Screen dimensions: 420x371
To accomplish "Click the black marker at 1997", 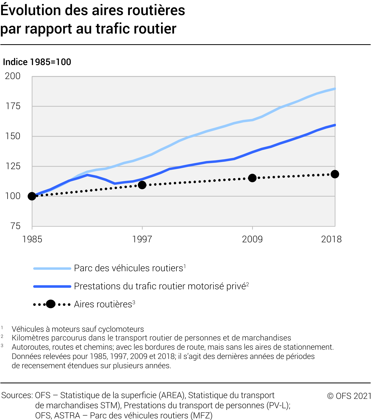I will pos(142,185).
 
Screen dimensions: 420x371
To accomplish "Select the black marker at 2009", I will pos(252,178).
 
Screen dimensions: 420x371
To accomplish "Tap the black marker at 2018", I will pos(335,174).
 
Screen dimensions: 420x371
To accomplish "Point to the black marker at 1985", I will pos(32,196).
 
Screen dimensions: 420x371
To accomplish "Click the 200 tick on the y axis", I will pos(13,76).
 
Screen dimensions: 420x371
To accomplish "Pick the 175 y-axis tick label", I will pos(13,106).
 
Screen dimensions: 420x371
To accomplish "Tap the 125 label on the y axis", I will pos(13,166).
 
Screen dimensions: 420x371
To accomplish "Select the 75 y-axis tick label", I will pos(15,226).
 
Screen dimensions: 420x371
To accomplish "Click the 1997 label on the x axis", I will pos(142,239).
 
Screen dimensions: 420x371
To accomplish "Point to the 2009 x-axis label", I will pos(252,239).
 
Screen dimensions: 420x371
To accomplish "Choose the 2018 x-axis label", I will pos(331,239).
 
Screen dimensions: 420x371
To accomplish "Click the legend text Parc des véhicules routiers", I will pos(129,268).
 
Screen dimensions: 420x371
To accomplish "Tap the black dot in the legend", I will pos(51,304).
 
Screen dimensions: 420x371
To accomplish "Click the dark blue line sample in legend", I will pos(52,286).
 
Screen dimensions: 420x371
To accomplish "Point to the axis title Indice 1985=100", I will pos(37,62).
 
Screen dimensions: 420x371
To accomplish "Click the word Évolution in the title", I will pos(31,10).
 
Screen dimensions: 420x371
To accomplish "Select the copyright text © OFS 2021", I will pos(349,396).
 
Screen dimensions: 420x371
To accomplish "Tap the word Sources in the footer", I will pos(17,395).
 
